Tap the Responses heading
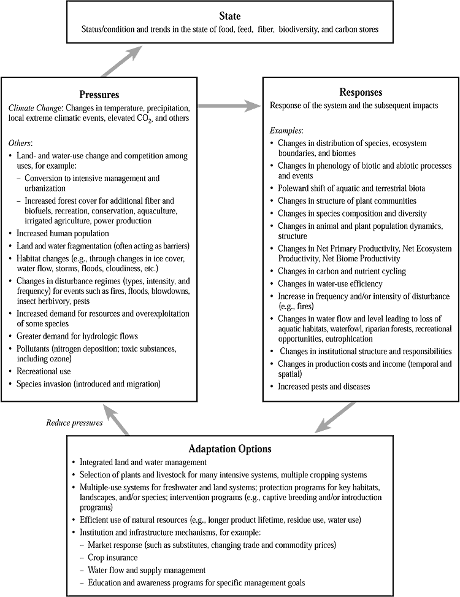361,93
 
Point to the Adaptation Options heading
229,449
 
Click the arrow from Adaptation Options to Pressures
117,418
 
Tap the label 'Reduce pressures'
74,423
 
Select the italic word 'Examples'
286,131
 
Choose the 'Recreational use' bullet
45,372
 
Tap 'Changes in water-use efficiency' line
329,283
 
